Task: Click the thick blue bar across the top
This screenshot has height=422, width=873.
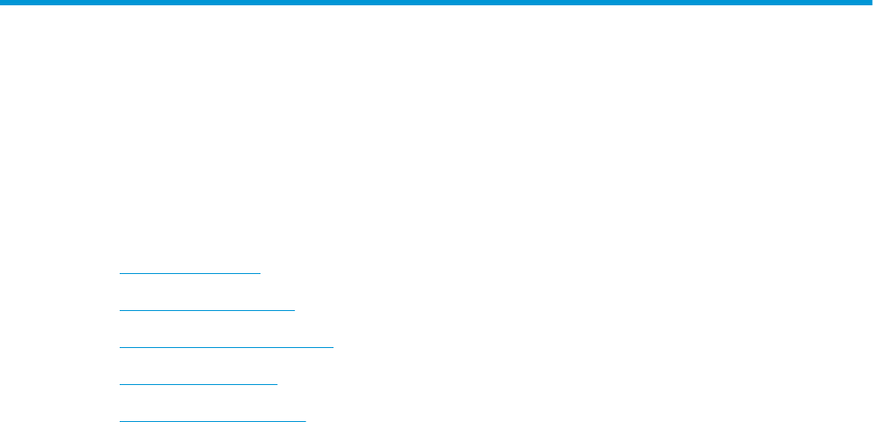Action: (x=436, y=4)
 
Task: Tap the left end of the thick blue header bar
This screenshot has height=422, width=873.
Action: (x=3, y=4)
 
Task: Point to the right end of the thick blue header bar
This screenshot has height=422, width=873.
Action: (x=869, y=4)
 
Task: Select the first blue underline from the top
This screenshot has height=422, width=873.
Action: (x=190, y=273)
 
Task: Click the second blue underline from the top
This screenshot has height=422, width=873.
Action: (x=207, y=310)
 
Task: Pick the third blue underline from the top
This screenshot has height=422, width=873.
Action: (x=226, y=347)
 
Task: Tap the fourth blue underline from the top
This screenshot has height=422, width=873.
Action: (x=198, y=384)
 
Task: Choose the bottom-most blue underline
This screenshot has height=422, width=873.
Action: (x=212, y=420)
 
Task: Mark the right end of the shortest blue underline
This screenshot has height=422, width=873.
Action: (x=260, y=273)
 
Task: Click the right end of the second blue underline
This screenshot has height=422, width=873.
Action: (x=295, y=310)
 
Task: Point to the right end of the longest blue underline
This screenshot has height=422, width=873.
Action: (x=334, y=347)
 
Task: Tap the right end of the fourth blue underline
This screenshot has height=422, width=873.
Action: (x=276, y=384)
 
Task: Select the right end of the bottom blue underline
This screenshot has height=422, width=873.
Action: (x=305, y=420)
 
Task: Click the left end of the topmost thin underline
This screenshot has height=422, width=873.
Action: (x=120, y=273)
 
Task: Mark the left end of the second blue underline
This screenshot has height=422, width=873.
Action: (x=120, y=310)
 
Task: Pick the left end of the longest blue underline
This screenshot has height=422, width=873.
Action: (x=120, y=347)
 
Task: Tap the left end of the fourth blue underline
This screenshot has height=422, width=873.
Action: (x=120, y=384)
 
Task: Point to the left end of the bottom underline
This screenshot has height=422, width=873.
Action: (x=120, y=420)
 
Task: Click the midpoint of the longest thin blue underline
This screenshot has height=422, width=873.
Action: (x=226, y=347)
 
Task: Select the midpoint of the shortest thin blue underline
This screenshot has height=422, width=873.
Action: (x=190, y=273)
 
